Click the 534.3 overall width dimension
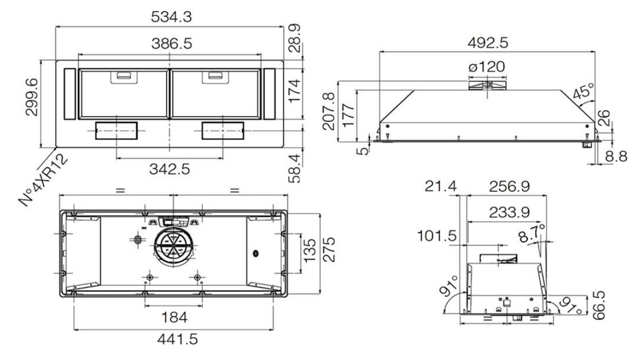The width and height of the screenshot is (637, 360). pos(171,17)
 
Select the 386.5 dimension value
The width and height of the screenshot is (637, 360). pos(172,44)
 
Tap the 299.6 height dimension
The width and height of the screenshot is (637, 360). pos(32,97)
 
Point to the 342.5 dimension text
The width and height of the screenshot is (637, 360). pos(170,170)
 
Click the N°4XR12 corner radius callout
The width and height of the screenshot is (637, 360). pos(43,180)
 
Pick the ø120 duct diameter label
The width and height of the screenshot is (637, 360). pos(487,67)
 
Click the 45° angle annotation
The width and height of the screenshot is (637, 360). pos(583,91)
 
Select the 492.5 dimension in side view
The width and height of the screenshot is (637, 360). pos(488,43)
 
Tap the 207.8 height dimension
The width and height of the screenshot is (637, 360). pos(329,111)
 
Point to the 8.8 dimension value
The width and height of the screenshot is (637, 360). pos(616,157)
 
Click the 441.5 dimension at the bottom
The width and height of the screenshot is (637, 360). pos(178,339)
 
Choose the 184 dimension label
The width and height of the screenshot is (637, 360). pos(174,318)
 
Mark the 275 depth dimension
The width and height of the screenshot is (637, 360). pos(329,249)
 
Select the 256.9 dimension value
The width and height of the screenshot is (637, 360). pos(509,187)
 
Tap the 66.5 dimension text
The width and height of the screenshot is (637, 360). pos(599,305)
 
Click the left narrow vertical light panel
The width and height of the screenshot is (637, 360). pos(69,94)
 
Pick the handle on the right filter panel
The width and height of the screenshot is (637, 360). pos(215,76)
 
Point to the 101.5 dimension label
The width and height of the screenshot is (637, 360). pos(437,236)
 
